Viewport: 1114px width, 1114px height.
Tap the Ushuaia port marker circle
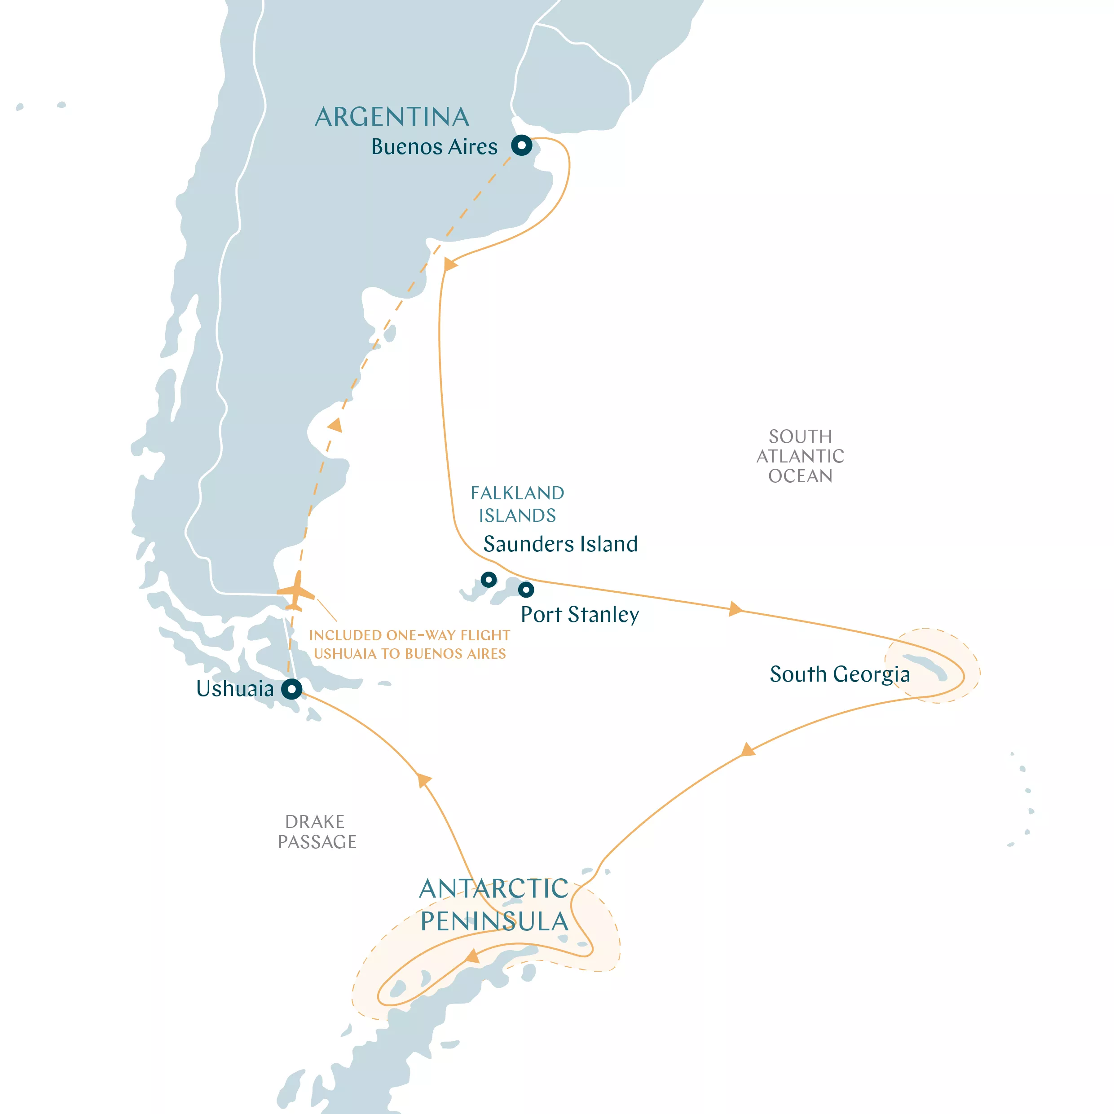click(x=292, y=688)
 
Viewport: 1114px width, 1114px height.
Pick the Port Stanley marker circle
click(x=526, y=589)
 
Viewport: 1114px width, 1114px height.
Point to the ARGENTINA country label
click(x=392, y=117)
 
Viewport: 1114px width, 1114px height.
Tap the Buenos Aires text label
click(x=434, y=147)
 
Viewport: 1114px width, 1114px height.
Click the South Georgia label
click(x=840, y=674)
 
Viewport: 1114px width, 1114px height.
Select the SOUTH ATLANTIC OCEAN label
click(x=800, y=456)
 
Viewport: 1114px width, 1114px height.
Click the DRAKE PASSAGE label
click(x=317, y=832)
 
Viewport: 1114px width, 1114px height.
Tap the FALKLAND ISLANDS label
click(x=517, y=504)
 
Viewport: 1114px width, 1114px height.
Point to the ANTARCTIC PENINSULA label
click(x=494, y=905)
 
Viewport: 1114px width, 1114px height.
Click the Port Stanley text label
click(x=580, y=615)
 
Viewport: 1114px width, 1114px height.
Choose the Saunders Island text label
click(x=560, y=544)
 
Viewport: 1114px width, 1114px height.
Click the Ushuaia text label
click(x=235, y=688)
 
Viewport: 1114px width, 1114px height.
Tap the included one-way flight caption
click(x=409, y=644)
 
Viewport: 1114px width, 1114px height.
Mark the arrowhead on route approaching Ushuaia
click(x=424, y=779)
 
